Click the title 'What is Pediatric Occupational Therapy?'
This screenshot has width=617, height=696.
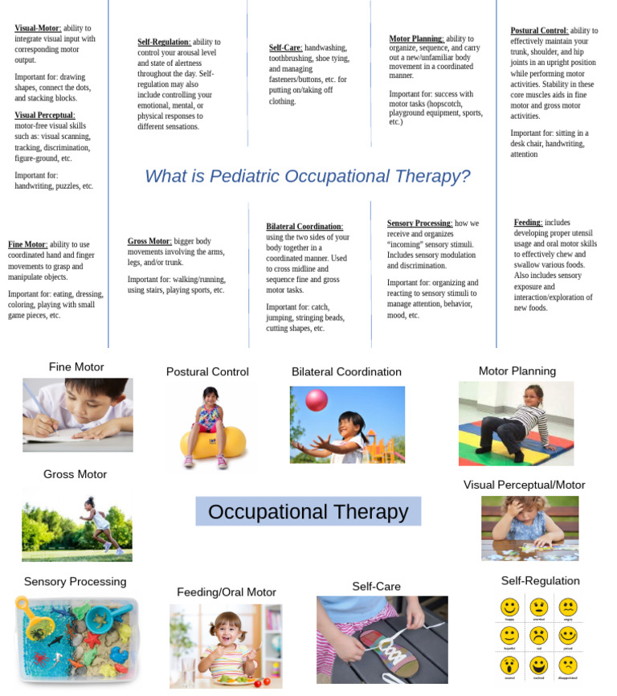point(307,177)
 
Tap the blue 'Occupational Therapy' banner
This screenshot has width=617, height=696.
point(308,512)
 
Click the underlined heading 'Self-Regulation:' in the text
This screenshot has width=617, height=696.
point(164,42)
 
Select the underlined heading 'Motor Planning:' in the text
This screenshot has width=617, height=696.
point(415,39)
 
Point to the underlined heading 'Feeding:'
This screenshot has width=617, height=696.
point(528,223)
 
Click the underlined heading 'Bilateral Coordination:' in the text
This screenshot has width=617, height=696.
point(304,227)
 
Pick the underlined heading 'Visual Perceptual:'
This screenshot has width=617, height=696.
point(45,116)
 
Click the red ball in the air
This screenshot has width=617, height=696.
point(317,399)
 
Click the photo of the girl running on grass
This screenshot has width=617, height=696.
point(76,526)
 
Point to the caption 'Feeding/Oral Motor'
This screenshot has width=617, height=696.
point(226,592)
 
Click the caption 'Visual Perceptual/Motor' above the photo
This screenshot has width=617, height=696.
point(524,485)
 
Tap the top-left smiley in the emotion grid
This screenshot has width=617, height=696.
point(509,608)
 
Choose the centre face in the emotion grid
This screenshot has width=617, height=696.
point(538,637)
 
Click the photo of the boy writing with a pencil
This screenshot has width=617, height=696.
point(77,414)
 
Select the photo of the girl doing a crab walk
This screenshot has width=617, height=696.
point(516,423)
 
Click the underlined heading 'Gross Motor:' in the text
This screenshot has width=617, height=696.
point(149,241)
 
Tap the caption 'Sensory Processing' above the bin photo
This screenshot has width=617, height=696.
point(75,581)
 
